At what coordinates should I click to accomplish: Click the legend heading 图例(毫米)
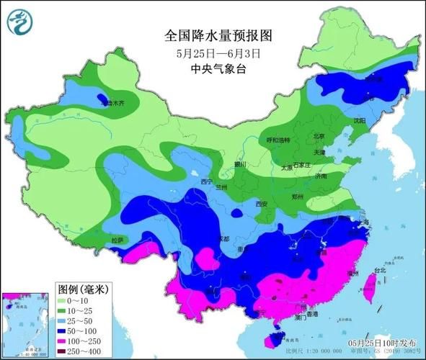[x=82, y=289]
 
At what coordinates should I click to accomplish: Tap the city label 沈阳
[x=359, y=121]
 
